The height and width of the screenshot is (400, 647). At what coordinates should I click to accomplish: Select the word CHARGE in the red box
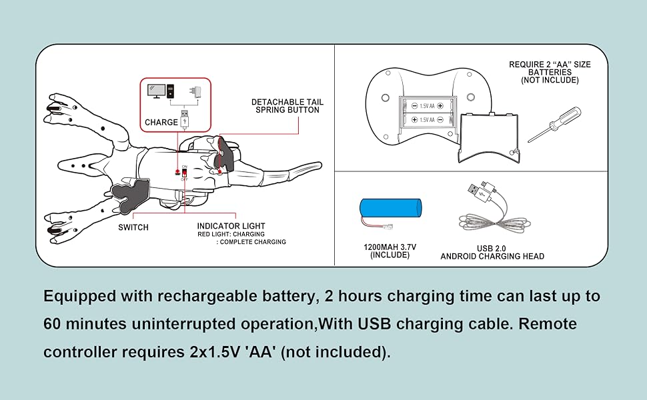[x=161, y=123]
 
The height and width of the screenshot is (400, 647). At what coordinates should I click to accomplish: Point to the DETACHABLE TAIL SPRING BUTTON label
[x=287, y=106]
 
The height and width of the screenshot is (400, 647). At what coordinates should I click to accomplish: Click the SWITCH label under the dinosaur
[x=133, y=227]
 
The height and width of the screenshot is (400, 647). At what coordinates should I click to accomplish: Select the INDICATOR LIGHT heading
[x=231, y=227]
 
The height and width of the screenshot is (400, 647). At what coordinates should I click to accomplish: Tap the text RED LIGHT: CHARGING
[x=231, y=235]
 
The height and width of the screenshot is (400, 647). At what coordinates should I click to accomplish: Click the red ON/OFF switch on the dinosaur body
[x=184, y=173]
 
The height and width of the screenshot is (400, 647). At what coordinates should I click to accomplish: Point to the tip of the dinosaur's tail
[x=319, y=163]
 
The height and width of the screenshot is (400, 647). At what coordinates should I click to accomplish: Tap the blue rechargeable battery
[x=390, y=209]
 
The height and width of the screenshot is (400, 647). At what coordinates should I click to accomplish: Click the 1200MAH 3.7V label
[x=390, y=247]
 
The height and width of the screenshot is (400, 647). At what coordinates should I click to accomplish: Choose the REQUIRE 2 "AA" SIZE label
[x=550, y=65]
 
